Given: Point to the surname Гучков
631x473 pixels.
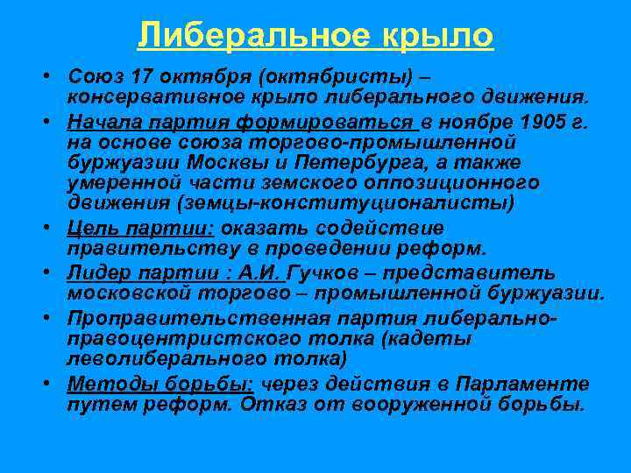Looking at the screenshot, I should (x=344, y=272).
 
